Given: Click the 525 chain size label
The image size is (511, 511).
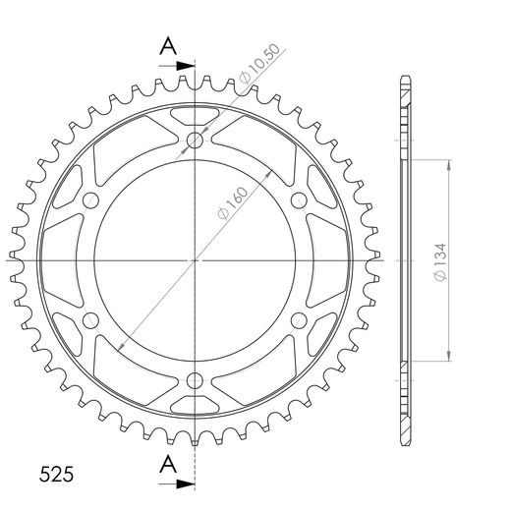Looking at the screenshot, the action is (x=56, y=474).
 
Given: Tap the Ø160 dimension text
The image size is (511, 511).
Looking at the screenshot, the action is (x=233, y=203).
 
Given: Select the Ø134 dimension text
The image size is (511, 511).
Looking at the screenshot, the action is (x=440, y=262).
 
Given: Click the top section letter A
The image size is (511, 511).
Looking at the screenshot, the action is (x=168, y=46).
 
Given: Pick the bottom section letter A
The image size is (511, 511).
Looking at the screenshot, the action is (x=168, y=464).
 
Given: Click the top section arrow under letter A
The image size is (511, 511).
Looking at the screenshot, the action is (x=177, y=66).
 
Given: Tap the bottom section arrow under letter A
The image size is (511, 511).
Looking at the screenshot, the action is (x=177, y=483).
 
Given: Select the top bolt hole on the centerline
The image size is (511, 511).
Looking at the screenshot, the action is (x=195, y=141).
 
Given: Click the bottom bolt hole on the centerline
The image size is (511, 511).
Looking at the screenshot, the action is (x=195, y=380).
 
